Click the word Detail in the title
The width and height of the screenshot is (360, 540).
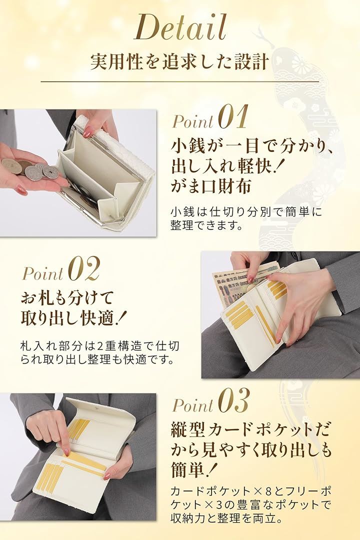point(180,27)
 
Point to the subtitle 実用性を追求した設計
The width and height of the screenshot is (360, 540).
point(179,61)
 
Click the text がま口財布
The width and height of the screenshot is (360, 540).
point(211,186)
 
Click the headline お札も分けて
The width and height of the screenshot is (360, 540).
point(67,297)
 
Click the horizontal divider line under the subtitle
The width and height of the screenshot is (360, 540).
point(179,81)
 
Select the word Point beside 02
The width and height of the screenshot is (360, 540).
point(42,274)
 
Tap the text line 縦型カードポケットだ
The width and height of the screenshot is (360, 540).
point(250,430)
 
